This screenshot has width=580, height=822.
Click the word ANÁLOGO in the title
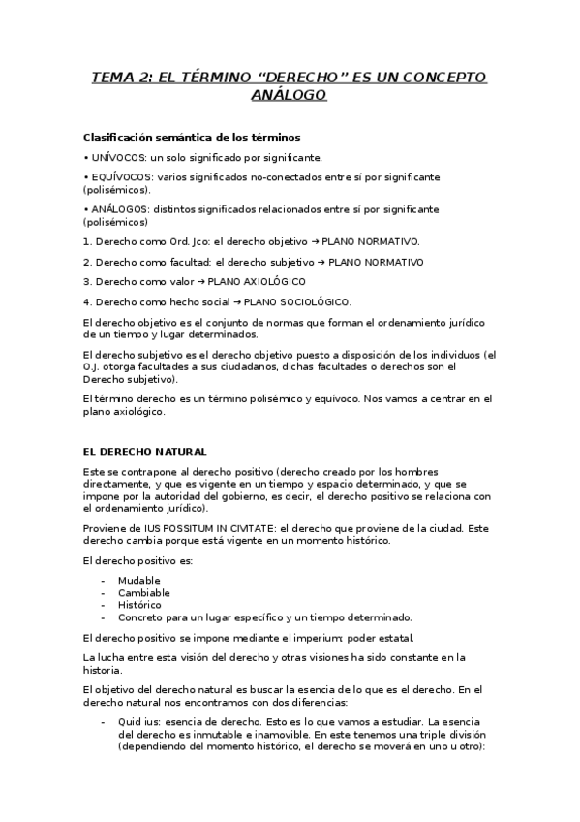point(290,95)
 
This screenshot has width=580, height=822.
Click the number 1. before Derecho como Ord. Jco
point(87,240)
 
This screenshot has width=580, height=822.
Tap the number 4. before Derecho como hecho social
point(87,301)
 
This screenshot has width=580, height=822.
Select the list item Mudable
point(139,580)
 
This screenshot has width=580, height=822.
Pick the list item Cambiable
point(143,592)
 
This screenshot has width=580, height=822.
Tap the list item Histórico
point(140,604)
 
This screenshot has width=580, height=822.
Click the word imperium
point(329,637)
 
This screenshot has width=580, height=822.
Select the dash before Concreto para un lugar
point(104,616)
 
